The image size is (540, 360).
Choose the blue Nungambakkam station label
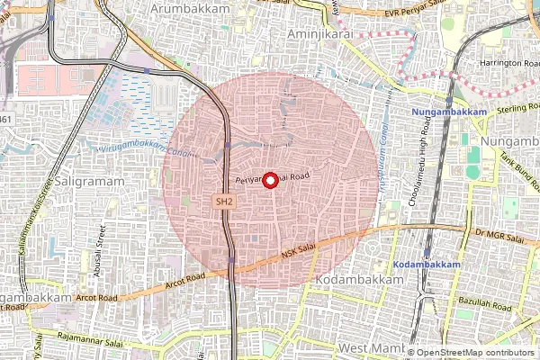pyautogui.click(x=449, y=112)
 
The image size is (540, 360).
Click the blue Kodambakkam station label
pyautogui.click(x=427, y=265)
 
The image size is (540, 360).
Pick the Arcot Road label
pyautogui.click(x=97, y=295)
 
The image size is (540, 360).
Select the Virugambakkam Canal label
pyautogui.click(x=132, y=147)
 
